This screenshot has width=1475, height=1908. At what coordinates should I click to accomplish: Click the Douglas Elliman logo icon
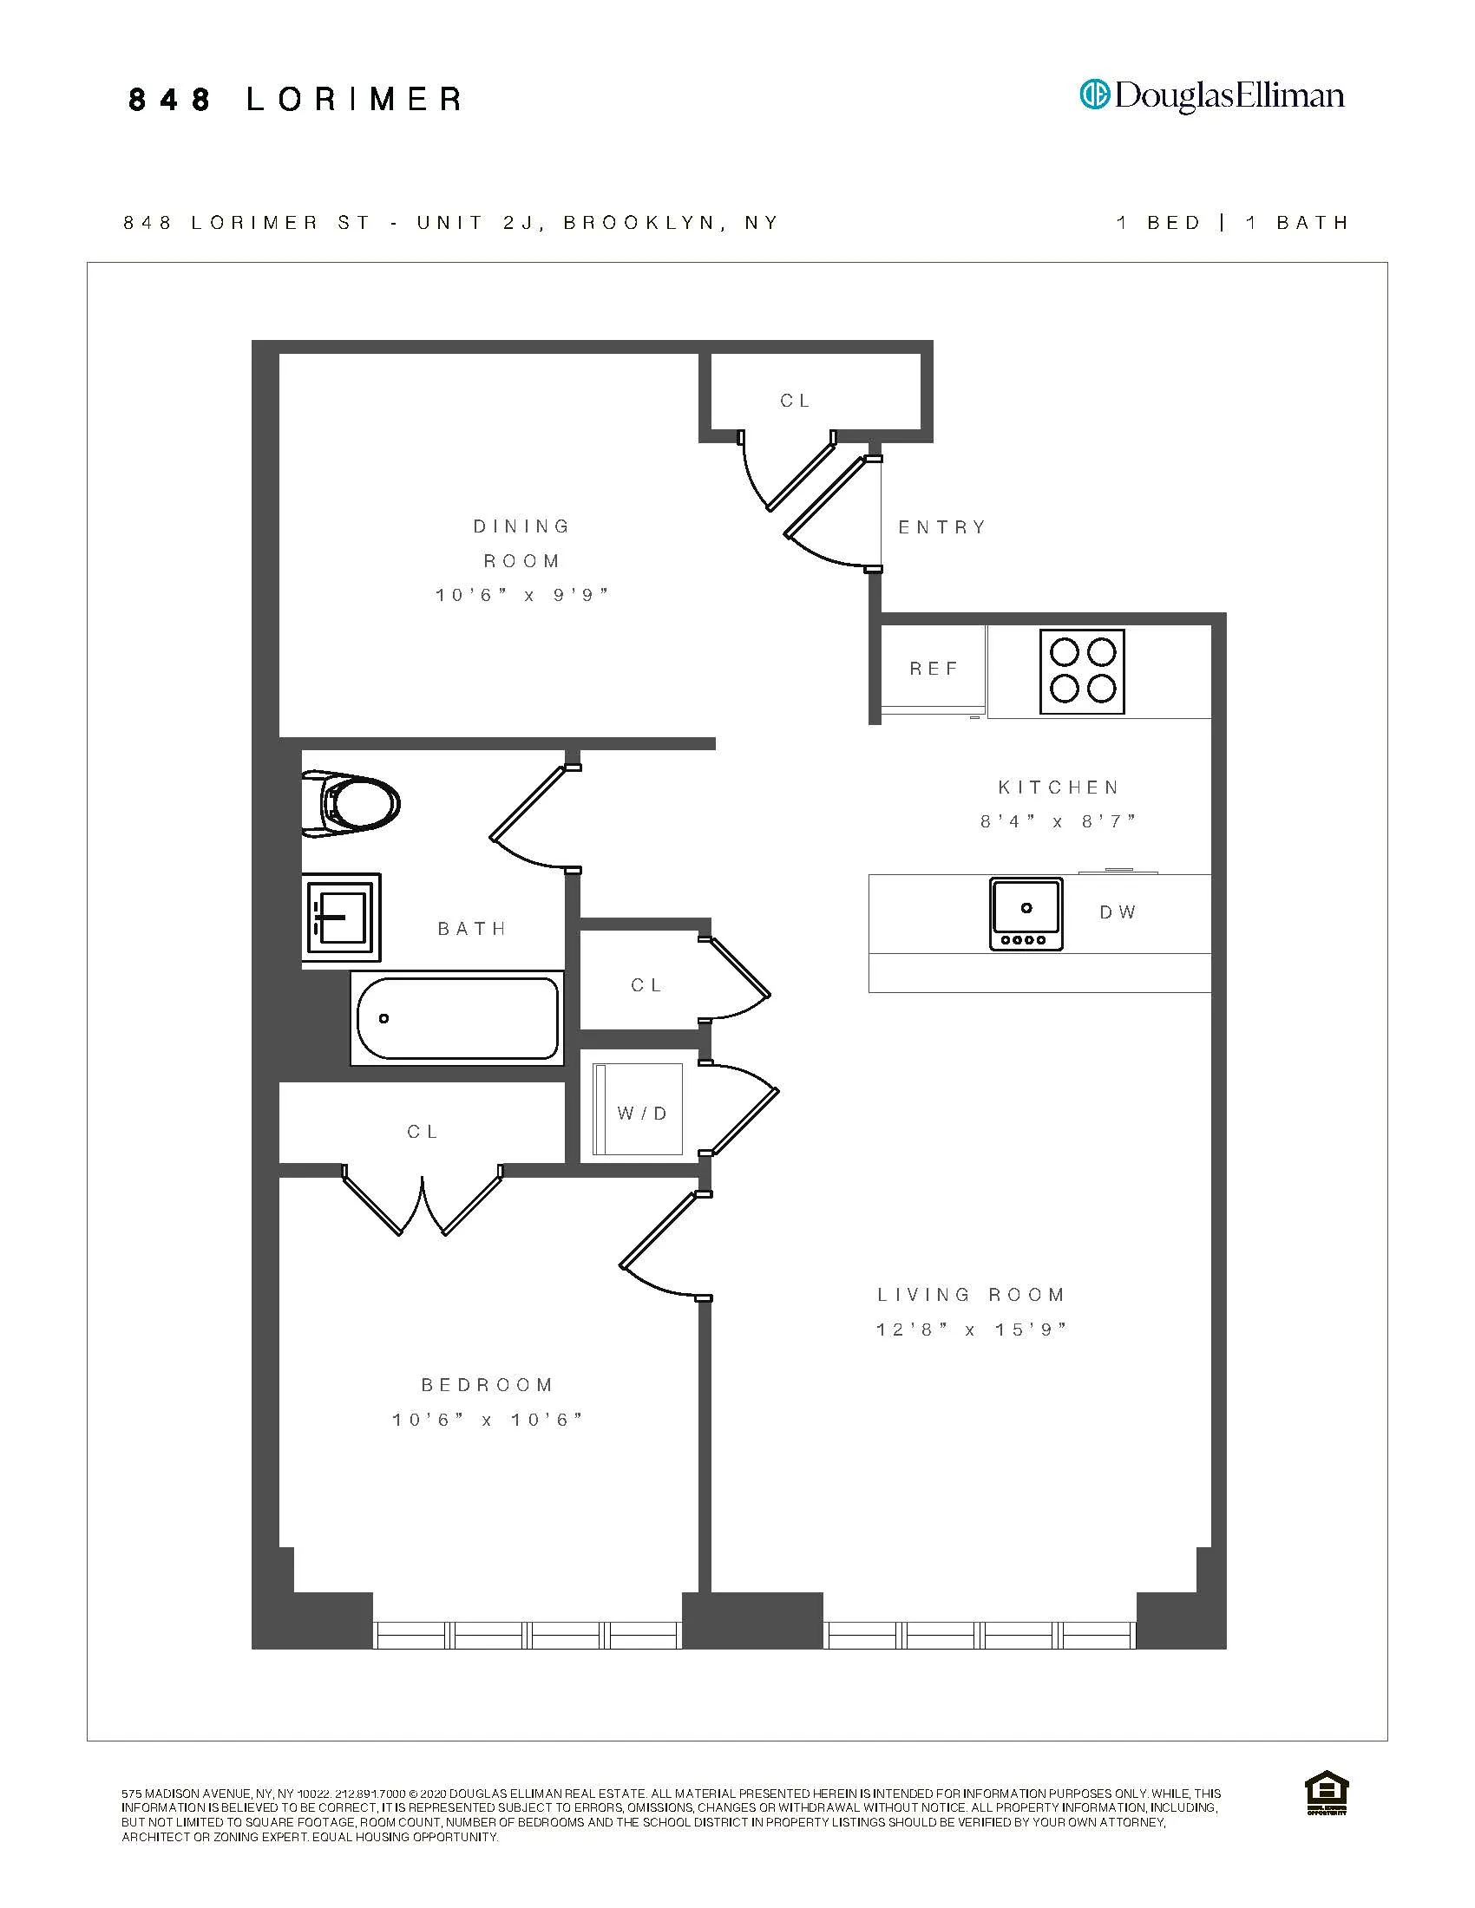pyautogui.click(x=1094, y=94)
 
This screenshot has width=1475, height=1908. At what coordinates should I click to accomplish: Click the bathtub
pyautogui.click(x=457, y=1019)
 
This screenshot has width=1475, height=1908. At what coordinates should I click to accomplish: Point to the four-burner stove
pyautogui.click(x=1082, y=672)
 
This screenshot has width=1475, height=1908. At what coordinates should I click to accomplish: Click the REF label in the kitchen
pyautogui.click(x=934, y=670)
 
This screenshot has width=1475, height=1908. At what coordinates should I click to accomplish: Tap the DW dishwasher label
pyautogui.click(x=1118, y=912)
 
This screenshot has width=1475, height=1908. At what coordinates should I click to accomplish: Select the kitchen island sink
pyautogui.click(x=1026, y=914)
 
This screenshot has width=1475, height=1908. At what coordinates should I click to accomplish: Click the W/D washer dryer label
pyautogui.click(x=642, y=1113)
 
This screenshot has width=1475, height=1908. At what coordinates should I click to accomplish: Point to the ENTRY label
pyautogui.click(x=942, y=527)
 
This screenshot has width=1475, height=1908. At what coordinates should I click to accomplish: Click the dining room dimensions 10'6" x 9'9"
pyautogui.click(x=521, y=596)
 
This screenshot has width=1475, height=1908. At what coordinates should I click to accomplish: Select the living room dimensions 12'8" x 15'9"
pyautogui.click(x=972, y=1330)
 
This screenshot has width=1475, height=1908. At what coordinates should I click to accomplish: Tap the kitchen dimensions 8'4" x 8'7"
pyautogui.click(x=1059, y=822)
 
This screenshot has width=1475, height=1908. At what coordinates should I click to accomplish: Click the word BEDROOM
pyautogui.click(x=488, y=1385)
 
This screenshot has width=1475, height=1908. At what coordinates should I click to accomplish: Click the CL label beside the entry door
pyautogui.click(x=795, y=401)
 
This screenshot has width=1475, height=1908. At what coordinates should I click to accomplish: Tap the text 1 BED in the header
pyautogui.click(x=1158, y=223)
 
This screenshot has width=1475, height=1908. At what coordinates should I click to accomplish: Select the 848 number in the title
pyautogui.click(x=169, y=100)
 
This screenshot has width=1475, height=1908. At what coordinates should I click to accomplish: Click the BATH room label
pyautogui.click(x=472, y=929)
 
